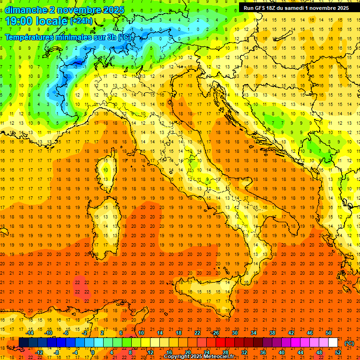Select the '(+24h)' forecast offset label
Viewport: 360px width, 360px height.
coord(81,21)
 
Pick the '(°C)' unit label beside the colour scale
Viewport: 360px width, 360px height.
coord(349,343)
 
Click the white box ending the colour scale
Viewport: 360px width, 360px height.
coord(333,343)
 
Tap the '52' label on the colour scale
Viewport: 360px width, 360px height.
coord(338,352)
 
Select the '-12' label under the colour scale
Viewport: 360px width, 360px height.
coord(39,352)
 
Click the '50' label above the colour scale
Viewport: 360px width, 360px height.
coord(329,333)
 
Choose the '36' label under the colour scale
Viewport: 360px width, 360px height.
coord(263,352)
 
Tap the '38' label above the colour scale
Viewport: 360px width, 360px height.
coord(272,333)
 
